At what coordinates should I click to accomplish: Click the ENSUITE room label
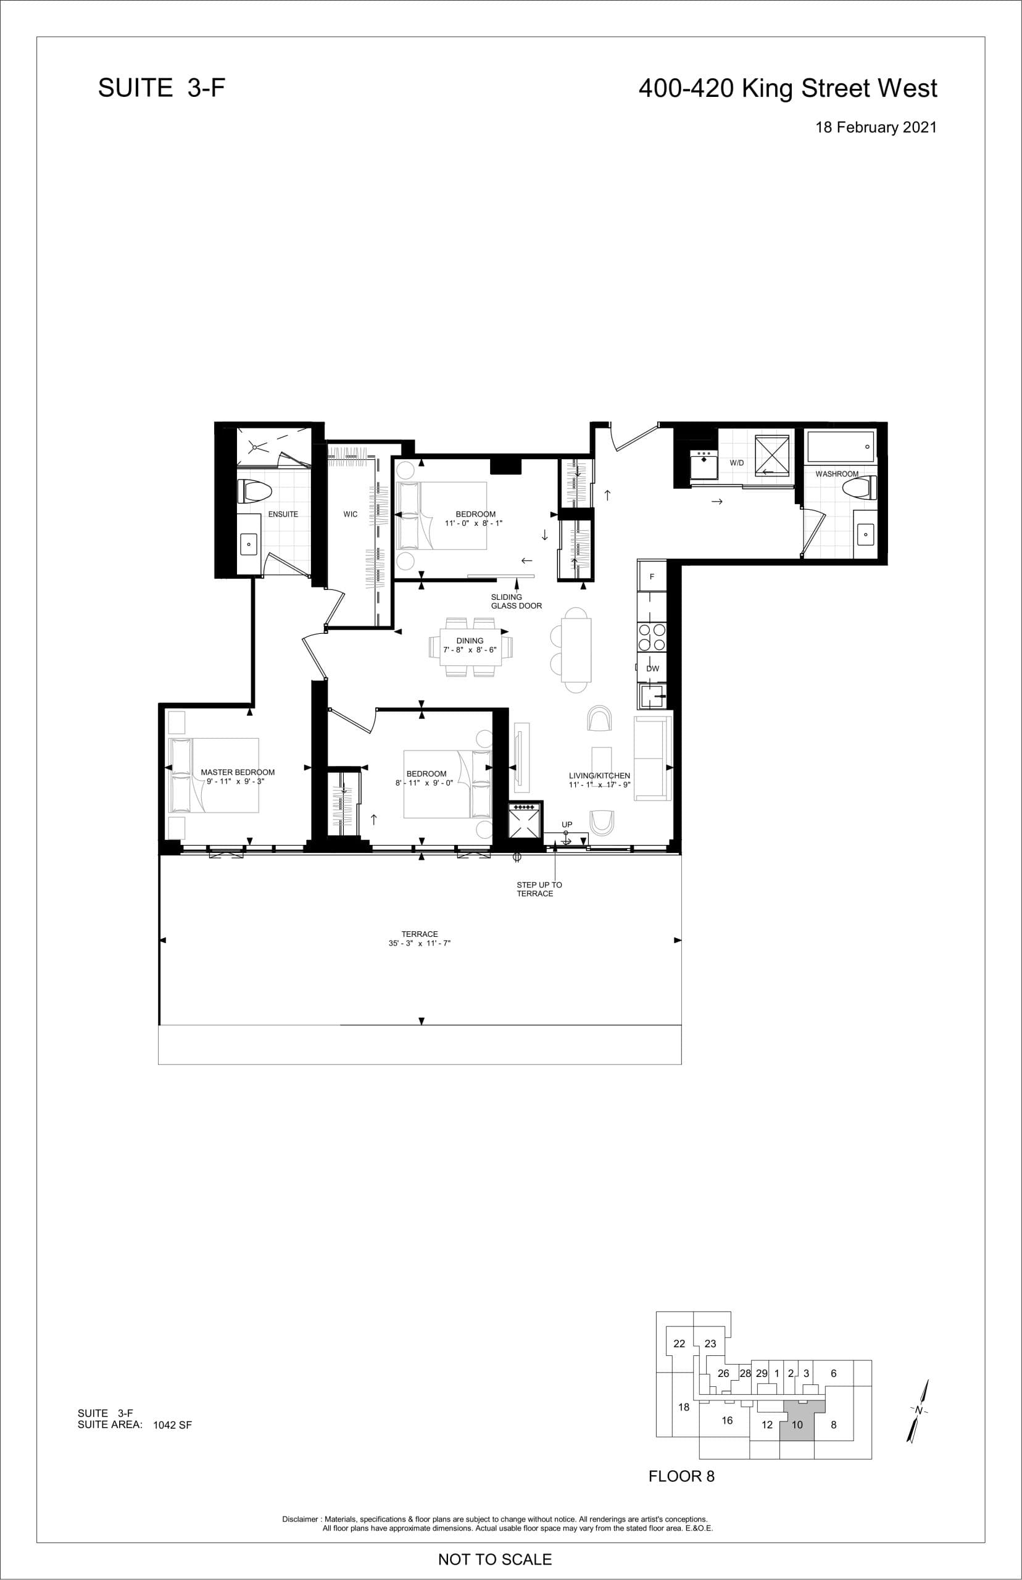tap(283, 514)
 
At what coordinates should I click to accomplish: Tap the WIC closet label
tap(351, 514)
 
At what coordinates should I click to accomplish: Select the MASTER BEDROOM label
tap(238, 773)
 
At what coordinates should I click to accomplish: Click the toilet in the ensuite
tap(255, 493)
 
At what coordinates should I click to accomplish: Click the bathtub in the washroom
tap(840, 447)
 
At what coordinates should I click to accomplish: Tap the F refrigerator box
tap(652, 576)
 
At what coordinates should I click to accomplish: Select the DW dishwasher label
tap(652, 668)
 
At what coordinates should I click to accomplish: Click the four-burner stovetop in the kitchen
tap(652, 637)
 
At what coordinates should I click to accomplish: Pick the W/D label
tap(737, 462)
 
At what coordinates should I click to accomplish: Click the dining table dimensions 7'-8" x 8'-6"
tap(470, 651)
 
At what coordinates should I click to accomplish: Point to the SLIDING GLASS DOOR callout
tap(516, 601)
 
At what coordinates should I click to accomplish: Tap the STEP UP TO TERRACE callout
tap(539, 889)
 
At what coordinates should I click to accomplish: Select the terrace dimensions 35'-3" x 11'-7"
tap(420, 943)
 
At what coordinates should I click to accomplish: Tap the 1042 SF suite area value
tap(172, 1424)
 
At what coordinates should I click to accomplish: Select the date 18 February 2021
tap(875, 127)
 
